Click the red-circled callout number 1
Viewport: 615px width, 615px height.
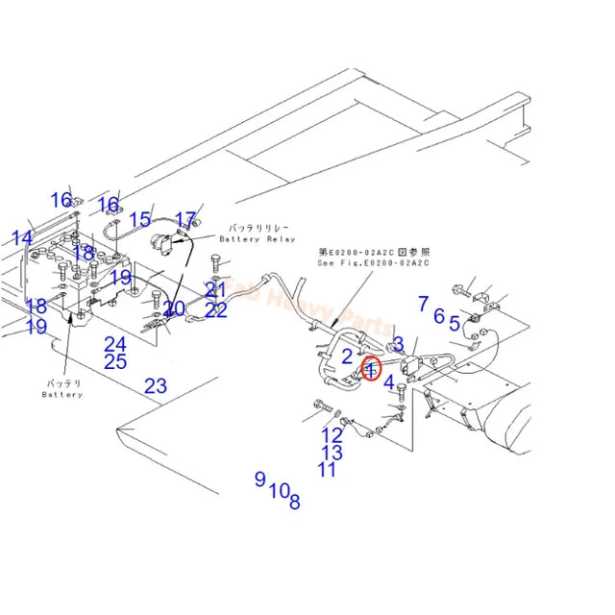click(x=371, y=368)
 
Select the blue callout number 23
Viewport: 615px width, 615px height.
click(x=156, y=386)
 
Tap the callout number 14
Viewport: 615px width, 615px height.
click(x=21, y=237)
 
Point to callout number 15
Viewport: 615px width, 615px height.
click(x=140, y=220)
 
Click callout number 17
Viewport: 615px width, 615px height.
click(x=185, y=221)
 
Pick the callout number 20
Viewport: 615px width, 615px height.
click(x=174, y=309)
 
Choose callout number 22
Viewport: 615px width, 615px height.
click(x=216, y=309)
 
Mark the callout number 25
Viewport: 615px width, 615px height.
click(x=116, y=361)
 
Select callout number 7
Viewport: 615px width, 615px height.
click(x=423, y=304)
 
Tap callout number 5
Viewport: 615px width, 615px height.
click(x=455, y=324)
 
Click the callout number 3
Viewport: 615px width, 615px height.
click(x=398, y=344)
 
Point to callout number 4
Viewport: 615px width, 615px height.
click(x=389, y=382)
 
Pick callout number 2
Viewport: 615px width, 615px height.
click(x=348, y=357)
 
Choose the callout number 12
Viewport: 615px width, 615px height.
click(x=332, y=435)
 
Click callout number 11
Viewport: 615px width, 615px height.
click(x=328, y=469)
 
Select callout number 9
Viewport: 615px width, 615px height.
click(x=259, y=478)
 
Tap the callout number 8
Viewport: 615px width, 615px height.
click(x=294, y=500)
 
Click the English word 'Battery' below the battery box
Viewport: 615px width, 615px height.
click(x=62, y=394)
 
